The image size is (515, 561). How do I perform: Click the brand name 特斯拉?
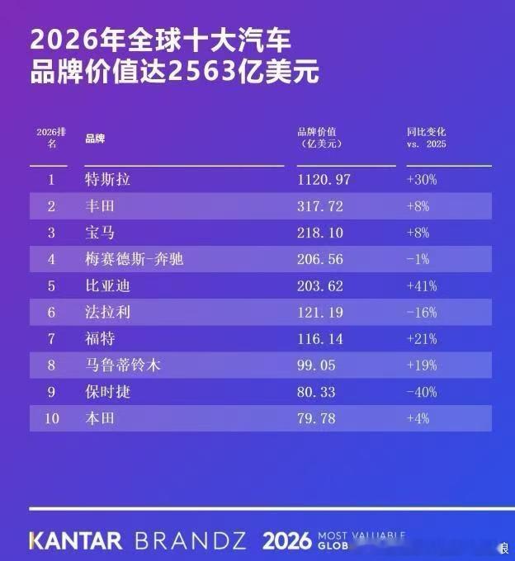point(107,179)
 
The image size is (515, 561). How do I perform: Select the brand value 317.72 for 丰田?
point(320,206)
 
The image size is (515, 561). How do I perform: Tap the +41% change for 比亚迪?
point(422,286)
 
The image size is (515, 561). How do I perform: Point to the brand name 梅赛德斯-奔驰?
point(135,259)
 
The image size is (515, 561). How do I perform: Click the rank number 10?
point(51,418)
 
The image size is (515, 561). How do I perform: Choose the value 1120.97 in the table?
point(324,179)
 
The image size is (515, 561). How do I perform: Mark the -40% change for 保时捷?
point(422,392)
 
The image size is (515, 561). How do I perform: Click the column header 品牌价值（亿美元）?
point(319,138)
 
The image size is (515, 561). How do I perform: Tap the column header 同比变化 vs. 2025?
point(426,138)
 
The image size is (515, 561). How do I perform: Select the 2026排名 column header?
point(51,138)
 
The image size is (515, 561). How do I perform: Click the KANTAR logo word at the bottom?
point(75,540)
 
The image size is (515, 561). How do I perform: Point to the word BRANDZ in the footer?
point(191,540)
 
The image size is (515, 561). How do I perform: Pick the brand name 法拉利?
point(107,313)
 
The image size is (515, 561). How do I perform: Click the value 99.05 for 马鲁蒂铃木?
point(316,365)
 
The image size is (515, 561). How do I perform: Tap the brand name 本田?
point(100,418)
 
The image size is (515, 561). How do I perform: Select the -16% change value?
point(422,313)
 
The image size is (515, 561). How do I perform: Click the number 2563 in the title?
point(202,71)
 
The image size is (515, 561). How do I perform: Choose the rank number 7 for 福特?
point(51,339)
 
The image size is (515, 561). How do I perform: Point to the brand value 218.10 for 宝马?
point(320,233)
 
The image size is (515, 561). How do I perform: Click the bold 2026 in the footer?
point(286,540)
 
